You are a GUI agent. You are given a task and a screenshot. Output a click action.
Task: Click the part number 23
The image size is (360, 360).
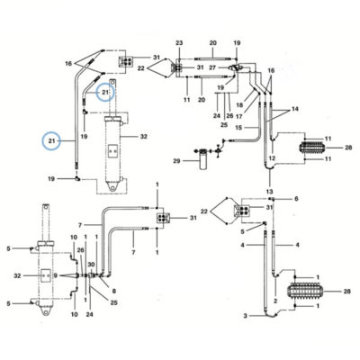(x=179, y=43)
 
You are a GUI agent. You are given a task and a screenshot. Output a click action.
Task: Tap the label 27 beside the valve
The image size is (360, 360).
(x=212, y=67)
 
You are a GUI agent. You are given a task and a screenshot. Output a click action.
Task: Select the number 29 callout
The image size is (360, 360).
(x=176, y=161)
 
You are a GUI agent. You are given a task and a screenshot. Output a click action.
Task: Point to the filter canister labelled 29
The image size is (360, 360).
(x=203, y=161)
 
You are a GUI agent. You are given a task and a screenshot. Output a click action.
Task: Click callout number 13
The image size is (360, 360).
(x=270, y=192)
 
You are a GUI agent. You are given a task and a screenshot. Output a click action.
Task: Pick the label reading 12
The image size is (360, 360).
(x=272, y=158)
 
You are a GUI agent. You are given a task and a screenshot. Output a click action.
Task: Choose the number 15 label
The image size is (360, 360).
(x=238, y=128)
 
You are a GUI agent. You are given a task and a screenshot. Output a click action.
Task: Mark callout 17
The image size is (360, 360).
(x=239, y=116)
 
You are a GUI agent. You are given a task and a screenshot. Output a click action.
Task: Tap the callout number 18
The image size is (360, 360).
(x=239, y=105)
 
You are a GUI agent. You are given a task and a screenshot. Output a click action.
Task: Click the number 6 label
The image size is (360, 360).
(x=296, y=199)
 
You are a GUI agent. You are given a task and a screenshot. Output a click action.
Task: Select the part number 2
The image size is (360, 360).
(x=275, y=301)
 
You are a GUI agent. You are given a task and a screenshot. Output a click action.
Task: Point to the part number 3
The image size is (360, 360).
(x=246, y=316)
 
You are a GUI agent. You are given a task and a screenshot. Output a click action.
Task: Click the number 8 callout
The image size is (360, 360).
(x=114, y=291)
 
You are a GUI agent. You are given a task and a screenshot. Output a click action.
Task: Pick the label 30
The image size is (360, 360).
(x=91, y=265)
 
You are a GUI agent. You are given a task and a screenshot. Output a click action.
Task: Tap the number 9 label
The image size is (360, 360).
(x=55, y=275)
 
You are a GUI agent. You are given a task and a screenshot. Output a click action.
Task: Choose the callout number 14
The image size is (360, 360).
(x=295, y=109)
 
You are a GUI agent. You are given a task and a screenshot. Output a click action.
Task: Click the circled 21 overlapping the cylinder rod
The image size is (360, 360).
(x=105, y=93)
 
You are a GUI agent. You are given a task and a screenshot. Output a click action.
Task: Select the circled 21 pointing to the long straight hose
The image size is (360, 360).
(x=51, y=140)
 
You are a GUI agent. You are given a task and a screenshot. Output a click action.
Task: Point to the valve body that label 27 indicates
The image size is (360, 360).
(x=235, y=67)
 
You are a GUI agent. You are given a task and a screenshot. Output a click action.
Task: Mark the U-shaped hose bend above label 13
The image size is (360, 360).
(x=269, y=168)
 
